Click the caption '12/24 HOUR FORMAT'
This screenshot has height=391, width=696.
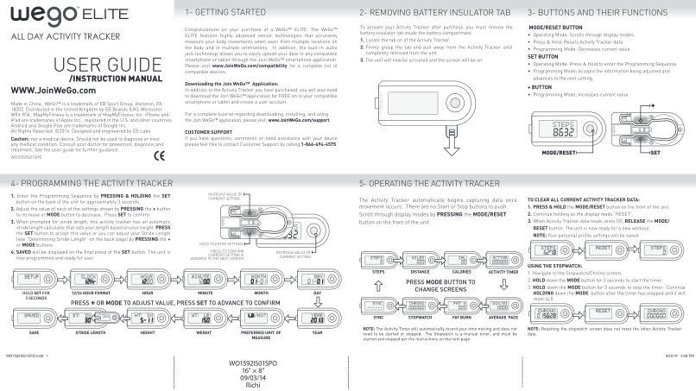[x=89, y=295]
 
